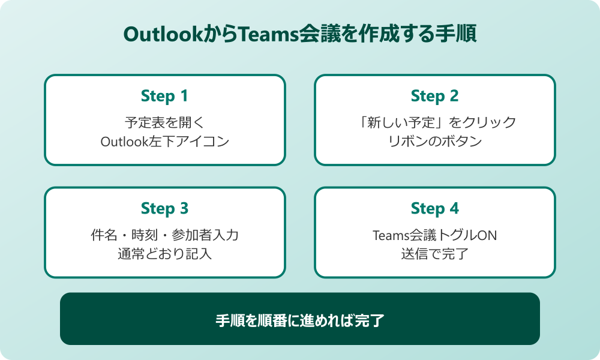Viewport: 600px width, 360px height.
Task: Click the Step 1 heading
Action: [x=164, y=96]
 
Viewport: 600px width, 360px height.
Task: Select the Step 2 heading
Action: [x=434, y=96]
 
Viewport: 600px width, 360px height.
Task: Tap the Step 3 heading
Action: [x=164, y=208]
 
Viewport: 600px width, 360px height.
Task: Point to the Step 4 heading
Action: [x=434, y=208]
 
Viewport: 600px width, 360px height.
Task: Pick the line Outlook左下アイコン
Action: [x=164, y=142]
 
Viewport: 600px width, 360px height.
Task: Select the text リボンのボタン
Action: [x=434, y=142]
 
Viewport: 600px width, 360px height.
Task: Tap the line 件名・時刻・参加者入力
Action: [x=164, y=235]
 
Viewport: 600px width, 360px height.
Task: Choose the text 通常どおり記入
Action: [x=164, y=254]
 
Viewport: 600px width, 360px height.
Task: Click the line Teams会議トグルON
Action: [x=434, y=235]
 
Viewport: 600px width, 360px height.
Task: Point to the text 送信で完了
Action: [x=434, y=254]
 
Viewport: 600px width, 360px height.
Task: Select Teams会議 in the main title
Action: [x=280, y=35]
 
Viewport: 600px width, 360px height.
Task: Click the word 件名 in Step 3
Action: [x=101, y=235]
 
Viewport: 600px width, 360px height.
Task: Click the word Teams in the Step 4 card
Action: [x=389, y=235]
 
